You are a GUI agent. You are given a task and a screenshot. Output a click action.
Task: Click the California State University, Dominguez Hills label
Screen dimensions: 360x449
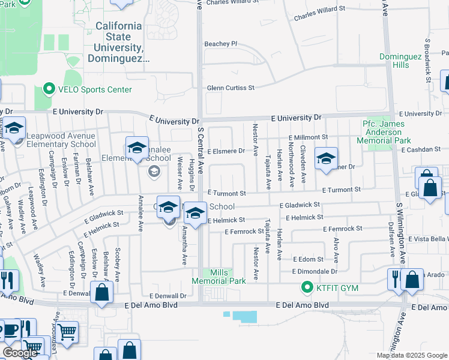click(119, 43)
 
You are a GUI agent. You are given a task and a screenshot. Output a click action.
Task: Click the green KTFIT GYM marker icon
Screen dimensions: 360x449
click(308, 288)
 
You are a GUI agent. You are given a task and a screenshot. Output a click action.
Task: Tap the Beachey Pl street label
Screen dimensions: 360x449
click(221, 44)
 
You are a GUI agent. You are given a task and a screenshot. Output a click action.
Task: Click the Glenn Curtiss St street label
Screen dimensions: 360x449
click(231, 88)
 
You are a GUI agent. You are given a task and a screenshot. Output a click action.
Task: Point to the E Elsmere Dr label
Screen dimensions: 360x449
click(226, 151)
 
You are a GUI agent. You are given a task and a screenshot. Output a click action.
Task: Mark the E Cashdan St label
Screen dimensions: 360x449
click(421, 149)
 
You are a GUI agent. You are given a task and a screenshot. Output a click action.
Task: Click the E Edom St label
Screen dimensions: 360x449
click(308, 259)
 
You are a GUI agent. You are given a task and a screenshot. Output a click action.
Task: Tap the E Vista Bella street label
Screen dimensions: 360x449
click(427, 239)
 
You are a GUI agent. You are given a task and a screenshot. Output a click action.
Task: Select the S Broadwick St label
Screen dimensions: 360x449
click(428, 58)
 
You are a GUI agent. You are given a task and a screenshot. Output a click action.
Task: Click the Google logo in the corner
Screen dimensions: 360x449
click(20, 353)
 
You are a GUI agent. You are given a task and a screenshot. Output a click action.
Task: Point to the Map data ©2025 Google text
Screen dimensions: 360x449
click(411, 355)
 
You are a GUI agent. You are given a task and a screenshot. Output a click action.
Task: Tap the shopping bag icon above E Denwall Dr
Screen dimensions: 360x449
click(102, 293)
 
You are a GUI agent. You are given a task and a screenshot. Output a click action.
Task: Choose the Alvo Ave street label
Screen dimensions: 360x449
click(336, 248)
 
